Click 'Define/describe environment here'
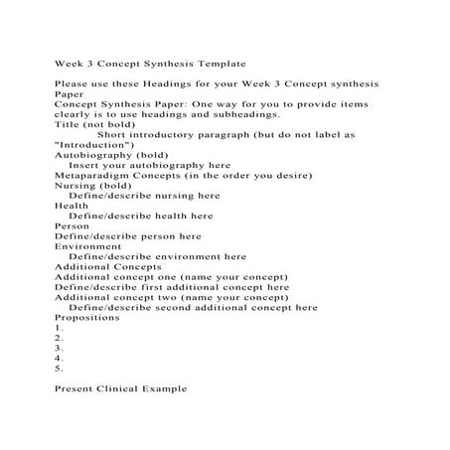pos(158,256)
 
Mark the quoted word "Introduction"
pos(96,145)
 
